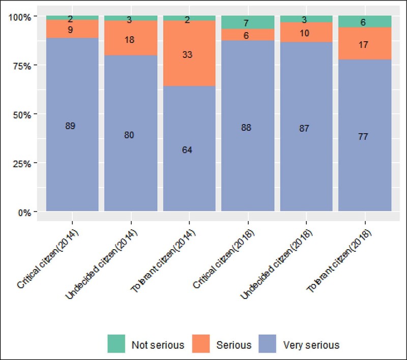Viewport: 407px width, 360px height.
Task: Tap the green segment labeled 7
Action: [248, 22]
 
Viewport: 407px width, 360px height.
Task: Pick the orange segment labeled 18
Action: [130, 39]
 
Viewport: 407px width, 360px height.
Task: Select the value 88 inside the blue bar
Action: [248, 127]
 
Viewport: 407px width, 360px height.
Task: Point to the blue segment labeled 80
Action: [130, 135]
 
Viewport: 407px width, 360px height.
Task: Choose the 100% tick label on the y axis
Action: [20, 17]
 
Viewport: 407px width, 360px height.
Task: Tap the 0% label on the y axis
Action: [24, 212]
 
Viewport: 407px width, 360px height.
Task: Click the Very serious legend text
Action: [310, 345]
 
